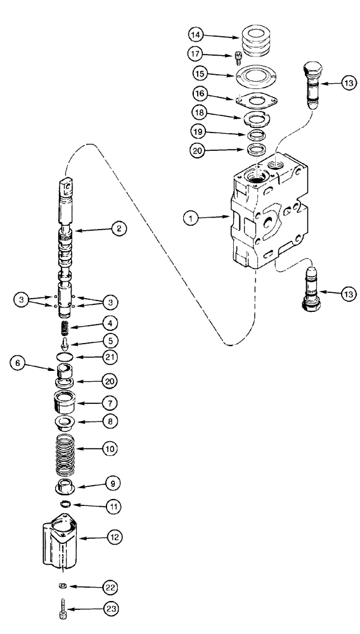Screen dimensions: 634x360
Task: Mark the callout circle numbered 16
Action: coord(199,94)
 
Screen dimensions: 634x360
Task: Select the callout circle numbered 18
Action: coord(199,113)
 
